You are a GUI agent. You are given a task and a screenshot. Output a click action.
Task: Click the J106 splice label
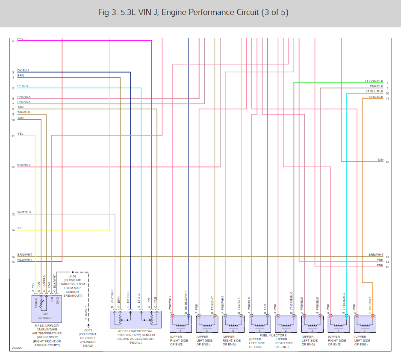click(72, 277)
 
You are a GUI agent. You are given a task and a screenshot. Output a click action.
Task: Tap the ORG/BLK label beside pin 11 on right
click(376, 97)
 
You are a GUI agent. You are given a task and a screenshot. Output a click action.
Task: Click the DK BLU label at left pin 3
click(23, 70)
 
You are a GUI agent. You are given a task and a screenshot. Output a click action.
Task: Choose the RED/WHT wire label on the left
click(24, 260)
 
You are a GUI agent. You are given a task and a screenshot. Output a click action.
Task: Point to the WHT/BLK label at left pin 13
click(24, 212)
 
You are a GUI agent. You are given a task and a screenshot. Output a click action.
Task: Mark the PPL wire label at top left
click(20, 39)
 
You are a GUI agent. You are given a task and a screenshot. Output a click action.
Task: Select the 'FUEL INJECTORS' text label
click(273, 336)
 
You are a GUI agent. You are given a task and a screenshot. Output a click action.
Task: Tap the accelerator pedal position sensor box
click(136, 319)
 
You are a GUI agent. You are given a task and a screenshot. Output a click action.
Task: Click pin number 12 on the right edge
click(387, 162)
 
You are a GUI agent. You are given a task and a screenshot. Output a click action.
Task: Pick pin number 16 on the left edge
click(13, 261)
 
